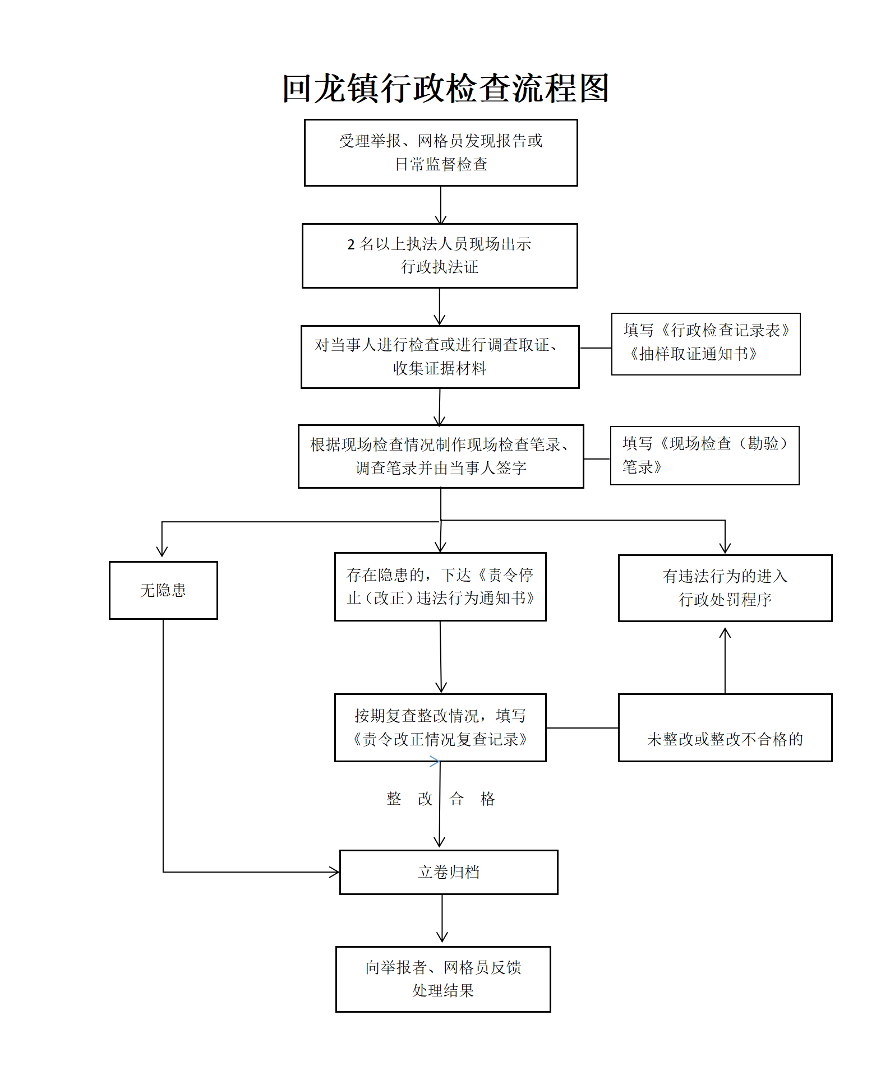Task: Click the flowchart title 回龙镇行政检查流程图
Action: coord(445,89)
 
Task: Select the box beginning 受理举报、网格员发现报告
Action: coord(441,152)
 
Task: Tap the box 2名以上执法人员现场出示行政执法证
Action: coord(440,256)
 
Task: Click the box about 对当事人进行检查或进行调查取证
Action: coord(440,356)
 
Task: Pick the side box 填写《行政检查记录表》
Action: coord(705,344)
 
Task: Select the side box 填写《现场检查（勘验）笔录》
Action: coord(704,455)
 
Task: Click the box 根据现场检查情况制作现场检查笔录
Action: coord(441,456)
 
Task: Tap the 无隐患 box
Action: coord(163,590)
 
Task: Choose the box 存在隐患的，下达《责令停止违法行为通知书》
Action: coord(440,587)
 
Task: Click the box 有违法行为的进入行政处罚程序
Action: coord(725,588)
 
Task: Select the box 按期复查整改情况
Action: coord(440,727)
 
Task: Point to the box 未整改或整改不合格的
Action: coord(725,727)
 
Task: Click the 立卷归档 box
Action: coord(449,872)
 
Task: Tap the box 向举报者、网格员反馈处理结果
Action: coord(443,979)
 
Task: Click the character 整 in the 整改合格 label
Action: coord(394,799)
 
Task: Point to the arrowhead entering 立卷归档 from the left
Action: coord(335,872)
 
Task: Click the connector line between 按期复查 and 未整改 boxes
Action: coord(582,728)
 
